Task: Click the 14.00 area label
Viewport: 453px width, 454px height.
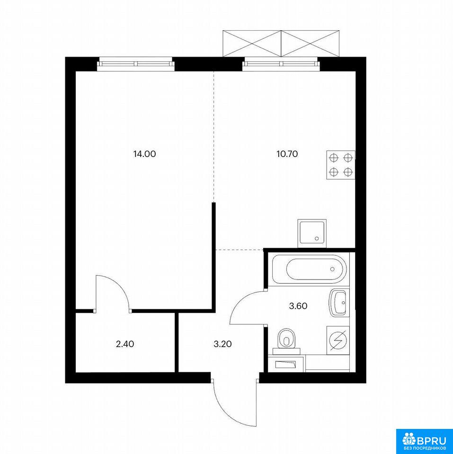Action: [x=144, y=154]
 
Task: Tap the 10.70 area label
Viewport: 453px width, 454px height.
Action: [x=287, y=154]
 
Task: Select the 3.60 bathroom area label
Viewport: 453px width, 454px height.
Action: [x=298, y=306]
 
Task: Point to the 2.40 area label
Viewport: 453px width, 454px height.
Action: [x=125, y=344]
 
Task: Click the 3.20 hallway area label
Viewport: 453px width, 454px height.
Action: [x=222, y=344]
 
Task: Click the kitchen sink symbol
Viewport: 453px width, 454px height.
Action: [x=312, y=233]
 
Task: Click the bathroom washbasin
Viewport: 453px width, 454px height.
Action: [x=338, y=303]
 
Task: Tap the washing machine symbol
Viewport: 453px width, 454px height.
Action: [x=338, y=340]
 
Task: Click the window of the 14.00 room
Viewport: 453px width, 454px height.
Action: [x=136, y=64]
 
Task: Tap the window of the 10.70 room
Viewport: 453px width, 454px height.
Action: [x=281, y=64]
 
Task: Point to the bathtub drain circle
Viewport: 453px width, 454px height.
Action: [x=332, y=269]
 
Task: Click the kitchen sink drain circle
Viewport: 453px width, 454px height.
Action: [x=317, y=238]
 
